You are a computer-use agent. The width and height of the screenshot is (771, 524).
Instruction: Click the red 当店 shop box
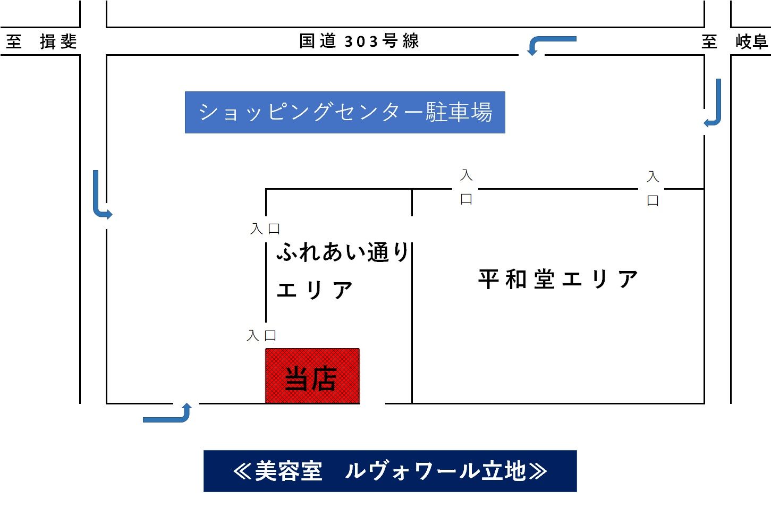312,376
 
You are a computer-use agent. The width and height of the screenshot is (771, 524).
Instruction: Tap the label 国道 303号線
359,41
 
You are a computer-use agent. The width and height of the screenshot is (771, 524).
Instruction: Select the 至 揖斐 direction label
42,41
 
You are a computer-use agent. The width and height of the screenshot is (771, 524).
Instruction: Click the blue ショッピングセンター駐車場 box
345,112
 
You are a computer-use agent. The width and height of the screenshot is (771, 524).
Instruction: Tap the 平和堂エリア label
558,279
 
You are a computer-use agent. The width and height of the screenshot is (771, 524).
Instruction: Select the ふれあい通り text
343,252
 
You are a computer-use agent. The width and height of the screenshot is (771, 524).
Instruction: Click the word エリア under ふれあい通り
315,290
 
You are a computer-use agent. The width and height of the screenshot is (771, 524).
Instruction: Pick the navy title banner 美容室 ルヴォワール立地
390,471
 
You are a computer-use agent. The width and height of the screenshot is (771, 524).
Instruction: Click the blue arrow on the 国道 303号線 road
550,43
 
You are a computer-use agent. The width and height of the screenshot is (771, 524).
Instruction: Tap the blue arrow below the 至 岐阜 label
715,104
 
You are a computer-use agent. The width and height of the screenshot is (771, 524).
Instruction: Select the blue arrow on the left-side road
100,196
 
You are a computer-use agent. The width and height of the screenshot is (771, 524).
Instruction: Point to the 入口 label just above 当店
261,336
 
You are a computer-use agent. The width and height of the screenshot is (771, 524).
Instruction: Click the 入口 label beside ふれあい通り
265,229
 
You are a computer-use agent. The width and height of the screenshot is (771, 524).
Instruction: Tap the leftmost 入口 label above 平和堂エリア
466,187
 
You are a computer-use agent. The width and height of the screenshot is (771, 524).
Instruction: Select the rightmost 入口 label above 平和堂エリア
653,189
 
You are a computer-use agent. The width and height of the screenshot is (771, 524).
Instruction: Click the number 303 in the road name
361,41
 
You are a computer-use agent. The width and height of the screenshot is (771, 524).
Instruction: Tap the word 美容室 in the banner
289,471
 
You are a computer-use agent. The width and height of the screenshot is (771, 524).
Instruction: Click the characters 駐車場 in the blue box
459,112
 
